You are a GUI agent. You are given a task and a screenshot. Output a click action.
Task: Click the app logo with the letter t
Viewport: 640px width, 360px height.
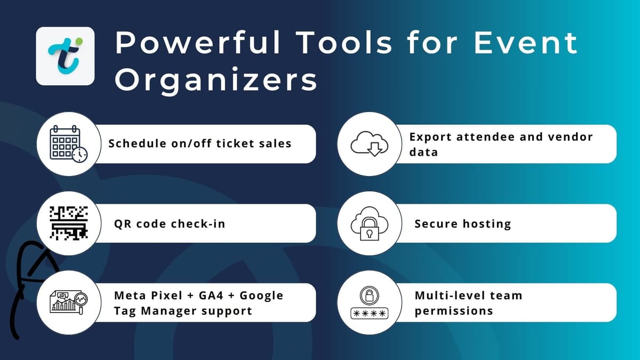tap(65, 56)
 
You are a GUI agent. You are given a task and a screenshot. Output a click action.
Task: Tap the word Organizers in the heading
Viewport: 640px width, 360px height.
tap(216, 81)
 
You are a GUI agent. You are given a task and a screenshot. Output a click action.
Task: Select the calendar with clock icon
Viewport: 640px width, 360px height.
tap(68, 144)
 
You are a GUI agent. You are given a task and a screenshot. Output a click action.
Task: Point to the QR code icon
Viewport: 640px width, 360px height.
tap(68, 223)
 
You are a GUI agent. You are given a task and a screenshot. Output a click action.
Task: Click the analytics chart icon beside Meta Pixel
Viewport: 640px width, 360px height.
tap(68, 302)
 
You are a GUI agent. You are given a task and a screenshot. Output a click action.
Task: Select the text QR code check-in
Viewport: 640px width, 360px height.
tap(170, 223)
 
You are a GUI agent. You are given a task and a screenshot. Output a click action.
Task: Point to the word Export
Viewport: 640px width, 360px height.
tap(428, 137)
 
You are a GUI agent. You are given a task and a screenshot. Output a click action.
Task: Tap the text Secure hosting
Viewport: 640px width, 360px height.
tap(462, 223)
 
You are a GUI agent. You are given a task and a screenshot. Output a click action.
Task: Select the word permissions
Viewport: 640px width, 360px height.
tap(453, 310)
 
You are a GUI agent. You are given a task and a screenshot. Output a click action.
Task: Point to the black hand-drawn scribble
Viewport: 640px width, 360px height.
tap(29, 283)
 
